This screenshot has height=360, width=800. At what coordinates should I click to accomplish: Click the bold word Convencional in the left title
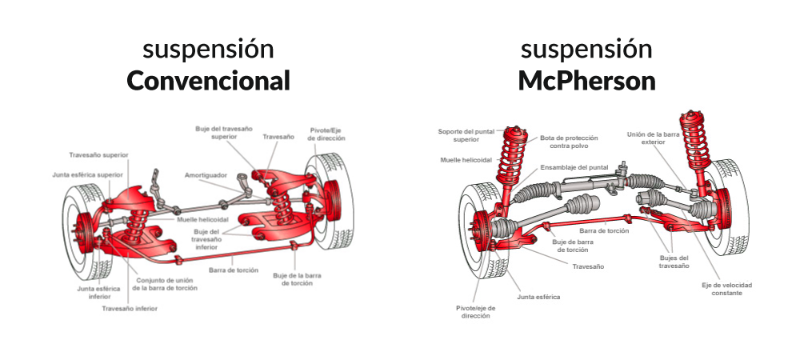(208, 81)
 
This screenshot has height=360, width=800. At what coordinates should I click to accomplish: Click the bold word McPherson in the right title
(586, 81)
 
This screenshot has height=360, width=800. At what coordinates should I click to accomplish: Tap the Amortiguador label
(206, 174)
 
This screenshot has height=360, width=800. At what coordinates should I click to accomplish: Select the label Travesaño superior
(98, 154)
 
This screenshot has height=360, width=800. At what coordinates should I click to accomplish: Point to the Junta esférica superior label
(88, 174)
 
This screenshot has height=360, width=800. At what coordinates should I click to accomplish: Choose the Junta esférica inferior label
(94, 292)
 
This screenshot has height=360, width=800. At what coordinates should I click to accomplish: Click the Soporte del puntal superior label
(466, 135)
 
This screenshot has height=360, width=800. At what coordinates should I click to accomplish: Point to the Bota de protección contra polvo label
(569, 142)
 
